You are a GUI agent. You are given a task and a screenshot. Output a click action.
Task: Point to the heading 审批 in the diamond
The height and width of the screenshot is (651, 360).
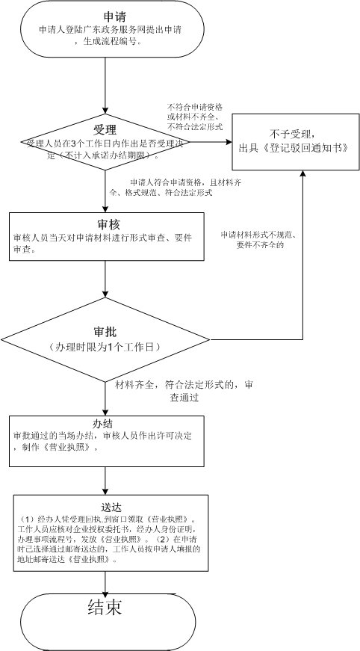click(x=105, y=331)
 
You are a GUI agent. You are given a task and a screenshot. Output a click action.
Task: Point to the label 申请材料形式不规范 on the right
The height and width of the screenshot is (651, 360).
click(x=256, y=235)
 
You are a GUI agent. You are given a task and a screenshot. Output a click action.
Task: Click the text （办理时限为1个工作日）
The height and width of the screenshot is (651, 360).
click(x=105, y=348)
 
